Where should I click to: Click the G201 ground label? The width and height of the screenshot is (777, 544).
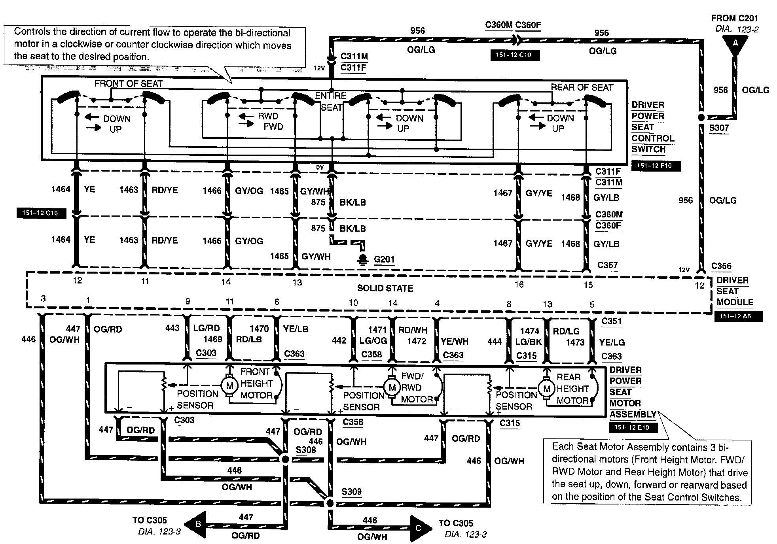pos(384,259)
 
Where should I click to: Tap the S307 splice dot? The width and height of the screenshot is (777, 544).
pos(701,117)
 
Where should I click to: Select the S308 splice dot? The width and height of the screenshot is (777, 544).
pos(285,459)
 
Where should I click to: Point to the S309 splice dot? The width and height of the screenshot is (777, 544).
pos(329,503)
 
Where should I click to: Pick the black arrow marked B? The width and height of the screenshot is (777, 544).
pos(197,525)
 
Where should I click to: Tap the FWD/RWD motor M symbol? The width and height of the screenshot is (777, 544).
pos(392,387)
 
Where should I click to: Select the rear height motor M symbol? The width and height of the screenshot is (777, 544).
pos(547,389)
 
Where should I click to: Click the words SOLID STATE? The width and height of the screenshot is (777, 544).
pos(385,288)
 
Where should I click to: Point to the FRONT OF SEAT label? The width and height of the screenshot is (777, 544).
pos(128,83)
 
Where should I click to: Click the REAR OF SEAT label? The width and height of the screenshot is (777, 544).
pos(582,87)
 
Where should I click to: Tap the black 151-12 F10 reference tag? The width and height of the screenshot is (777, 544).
pos(656,166)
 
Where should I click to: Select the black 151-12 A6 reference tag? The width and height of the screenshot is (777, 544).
pos(738,316)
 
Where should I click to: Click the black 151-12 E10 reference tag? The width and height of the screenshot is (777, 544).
pos(633,427)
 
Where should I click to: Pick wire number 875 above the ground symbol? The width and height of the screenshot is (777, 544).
pos(318,228)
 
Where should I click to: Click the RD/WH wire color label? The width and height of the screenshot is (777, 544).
pos(413,330)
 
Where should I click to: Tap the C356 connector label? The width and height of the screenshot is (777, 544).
pos(721,266)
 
